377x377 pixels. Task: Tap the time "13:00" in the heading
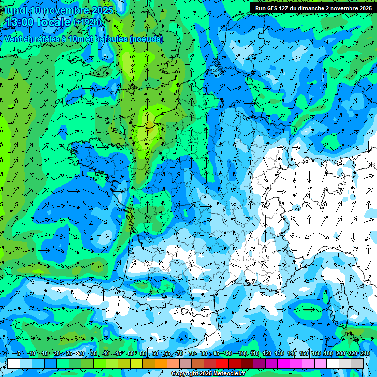[x=22, y=23]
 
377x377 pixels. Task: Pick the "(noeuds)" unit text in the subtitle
[x=146, y=39]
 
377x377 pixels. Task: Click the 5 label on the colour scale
[x=19, y=353]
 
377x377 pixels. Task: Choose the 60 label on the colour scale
[x=155, y=353]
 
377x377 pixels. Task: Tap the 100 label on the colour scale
[x=242, y=353]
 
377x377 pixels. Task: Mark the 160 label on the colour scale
[x=316, y=353]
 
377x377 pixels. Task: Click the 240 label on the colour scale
[x=365, y=353]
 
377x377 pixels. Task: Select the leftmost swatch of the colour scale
[x=14, y=363]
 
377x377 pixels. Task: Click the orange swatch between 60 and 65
[x=161, y=363]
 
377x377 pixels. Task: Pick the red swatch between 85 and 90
[x=222, y=363]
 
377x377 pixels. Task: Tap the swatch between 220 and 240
[x=357, y=363]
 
